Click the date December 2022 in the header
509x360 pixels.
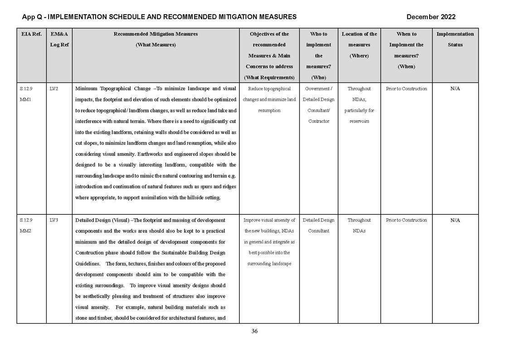pos(431,17)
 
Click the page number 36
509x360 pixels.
pos(254,331)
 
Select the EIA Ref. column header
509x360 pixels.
pos(31,34)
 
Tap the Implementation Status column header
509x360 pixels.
pos(455,39)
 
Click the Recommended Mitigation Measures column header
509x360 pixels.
pos(155,39)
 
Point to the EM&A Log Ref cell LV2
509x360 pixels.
pos(53,89)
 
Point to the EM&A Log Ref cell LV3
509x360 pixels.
pos(53,220)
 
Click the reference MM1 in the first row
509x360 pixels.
pos(25,100)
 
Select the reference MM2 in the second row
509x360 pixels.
pos(25,231)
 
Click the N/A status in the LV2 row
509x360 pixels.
pos(455,89)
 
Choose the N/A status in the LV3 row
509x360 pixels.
pos(455,220)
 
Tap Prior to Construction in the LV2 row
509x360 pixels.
pos(406,89)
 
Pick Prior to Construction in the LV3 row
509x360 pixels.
pos(406,220)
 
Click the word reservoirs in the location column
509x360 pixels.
pos(359,122)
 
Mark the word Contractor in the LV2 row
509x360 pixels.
pos(319,122)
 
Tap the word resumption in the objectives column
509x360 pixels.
pos(269,111)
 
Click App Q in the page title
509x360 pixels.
pos(33,17)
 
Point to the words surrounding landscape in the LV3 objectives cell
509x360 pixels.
pos(269,264)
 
